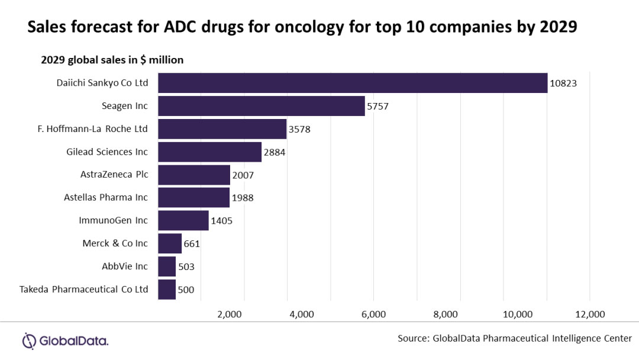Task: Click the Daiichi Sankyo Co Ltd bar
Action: [x=353, y=83]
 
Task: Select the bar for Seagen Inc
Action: [x=262, y=106]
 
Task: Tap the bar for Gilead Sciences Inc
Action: [x=209, y=152]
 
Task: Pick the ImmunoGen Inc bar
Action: [x=183, y=220]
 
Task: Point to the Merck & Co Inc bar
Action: [x=170, y=243]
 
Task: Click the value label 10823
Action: [x=563, y=83]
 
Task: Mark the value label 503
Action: [x=186, y=266]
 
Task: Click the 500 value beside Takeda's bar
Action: [x=186, y=290]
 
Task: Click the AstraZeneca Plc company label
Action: [x=114, y=175]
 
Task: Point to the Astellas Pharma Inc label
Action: [x=106, y=197]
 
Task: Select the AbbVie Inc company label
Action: [x=125, y=266]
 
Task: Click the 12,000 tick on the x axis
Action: [x=589, y=314]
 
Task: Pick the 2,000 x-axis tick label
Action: [x=230, y=314]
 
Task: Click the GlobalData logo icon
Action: [x=30, y=340]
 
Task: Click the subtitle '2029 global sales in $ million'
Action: [x=112, y=60]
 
